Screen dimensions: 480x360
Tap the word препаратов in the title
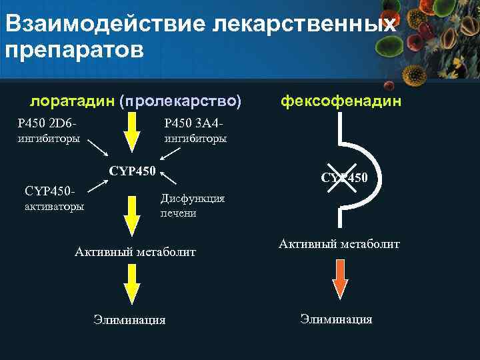[x=74, y=51]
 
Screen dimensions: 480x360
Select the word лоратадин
[x=71, y=101]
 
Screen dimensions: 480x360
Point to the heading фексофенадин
[x=341, y=101]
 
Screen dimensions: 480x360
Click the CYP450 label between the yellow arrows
[x=132, y=171]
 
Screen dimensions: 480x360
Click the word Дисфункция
[x=192, y=198]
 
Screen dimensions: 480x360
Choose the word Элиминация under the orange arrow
[x=336, y=319]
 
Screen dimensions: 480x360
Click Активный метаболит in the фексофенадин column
[x=339, y=244]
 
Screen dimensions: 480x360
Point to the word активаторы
[x=54, y=207]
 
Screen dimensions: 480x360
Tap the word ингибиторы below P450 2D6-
[x=48, y=139]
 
